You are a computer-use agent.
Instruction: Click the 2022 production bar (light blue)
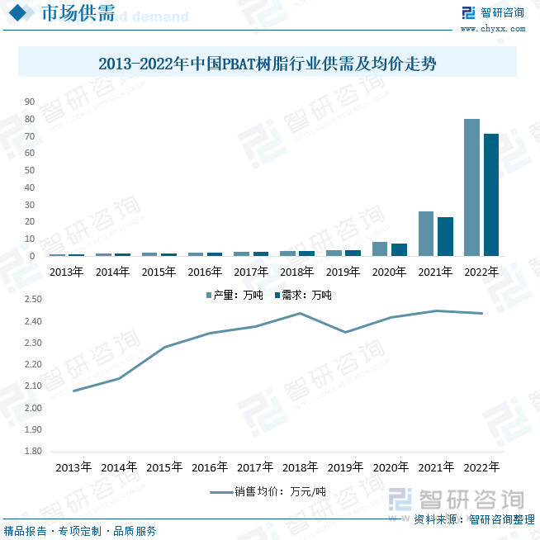click(x=471, y=187)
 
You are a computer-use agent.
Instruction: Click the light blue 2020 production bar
click(x=380, y=249)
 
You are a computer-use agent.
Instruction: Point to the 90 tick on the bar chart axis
click(x=30, y=102)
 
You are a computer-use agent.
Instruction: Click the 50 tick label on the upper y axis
click(x=30, y=170)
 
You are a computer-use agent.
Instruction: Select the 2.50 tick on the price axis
click(x=34, y=300)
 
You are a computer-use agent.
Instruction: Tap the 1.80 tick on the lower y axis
click(x=34, y=452)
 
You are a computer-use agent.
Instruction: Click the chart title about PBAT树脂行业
click(x=267, y=63)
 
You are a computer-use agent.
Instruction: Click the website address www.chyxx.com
click(x=492, y=29)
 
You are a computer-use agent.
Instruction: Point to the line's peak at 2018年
click(x=300, y=313)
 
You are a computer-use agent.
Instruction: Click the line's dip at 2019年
click(x=345, y=332)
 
